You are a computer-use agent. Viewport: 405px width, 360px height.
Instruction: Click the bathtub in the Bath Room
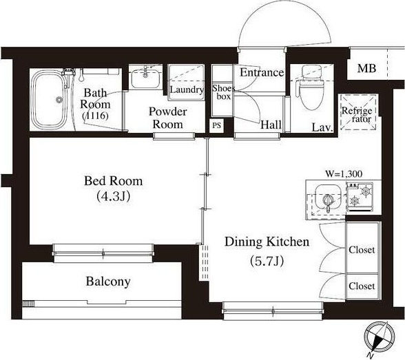pyautogui.click(x=49, y=100)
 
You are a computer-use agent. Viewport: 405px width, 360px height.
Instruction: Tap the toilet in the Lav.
pyautogui.click(x=311, y=87)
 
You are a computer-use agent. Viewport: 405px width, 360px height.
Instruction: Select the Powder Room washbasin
pyautogui.click(x=145, y=78)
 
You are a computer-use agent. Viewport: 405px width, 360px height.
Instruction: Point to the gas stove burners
pyautogui.click(x=360, y=195)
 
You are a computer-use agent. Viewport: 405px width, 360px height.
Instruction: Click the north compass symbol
pyautogui.click(x=379, y=339)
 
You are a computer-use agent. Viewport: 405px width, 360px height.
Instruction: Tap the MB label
pyautogui.click(x=366, y=68)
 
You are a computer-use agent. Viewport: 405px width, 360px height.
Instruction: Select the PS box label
pyautogui.click(x=216, y=125)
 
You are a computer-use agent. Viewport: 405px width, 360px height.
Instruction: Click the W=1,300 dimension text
pyautogui.click(x=344, y=173)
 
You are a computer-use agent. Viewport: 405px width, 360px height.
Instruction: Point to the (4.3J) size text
pyautogui.click(x=114, y=196)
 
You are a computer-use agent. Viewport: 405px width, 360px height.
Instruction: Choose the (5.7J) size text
pyautogui.click(x=267, y=261)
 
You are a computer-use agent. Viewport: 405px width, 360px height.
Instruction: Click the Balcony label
pyautogui.click(x=108, y=282)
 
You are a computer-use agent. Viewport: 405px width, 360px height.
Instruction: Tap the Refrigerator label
pyautogui.click(x=357, y=114)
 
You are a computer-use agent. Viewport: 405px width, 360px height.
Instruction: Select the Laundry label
pyautogui.click(x=187, y=89)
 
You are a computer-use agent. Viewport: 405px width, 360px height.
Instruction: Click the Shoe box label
pyautogui.click(x=223, y=92)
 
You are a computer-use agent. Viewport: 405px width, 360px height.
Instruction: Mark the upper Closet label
pyautogui.click(x=362, y=250)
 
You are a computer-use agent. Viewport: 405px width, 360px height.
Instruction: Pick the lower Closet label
pyautogui.click(x=362, y=286)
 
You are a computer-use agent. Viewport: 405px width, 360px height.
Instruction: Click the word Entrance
pyautogui.click(x=262, y=72)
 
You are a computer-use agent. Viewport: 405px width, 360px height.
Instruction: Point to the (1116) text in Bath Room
pyautogui.click(x=95, y=116)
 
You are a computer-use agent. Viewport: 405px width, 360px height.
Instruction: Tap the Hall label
pyautogui.click(x=271, y=125)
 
